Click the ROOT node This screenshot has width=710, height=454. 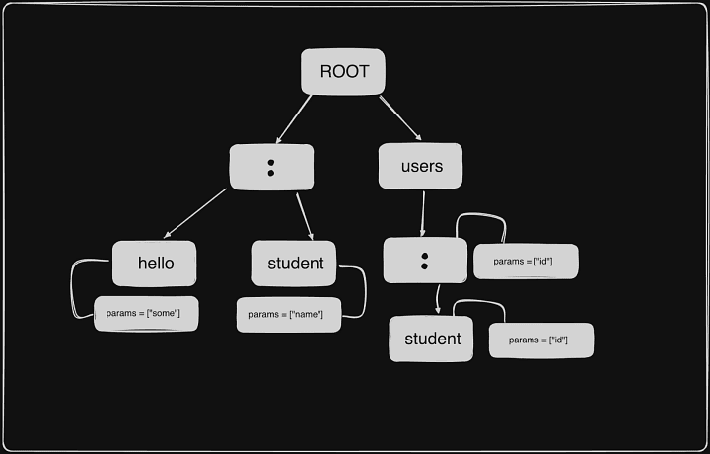tap(342, 72)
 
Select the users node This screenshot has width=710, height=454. tap(421, 166)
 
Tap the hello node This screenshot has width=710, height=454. tap(154, 264)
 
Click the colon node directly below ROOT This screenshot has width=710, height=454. tap(271, 167)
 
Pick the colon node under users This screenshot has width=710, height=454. tap(424, 261)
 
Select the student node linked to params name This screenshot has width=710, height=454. tap(295, 264)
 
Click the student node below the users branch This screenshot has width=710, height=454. tap(432, 339)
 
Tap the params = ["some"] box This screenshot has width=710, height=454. tap(145, 313)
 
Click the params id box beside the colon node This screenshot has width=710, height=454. tap(526, 262)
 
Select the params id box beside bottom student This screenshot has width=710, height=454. tap(541, 340)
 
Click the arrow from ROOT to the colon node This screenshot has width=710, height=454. tap(294, 118)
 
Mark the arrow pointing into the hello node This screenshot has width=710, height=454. tap(194, 213)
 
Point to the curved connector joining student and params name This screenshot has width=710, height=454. tap(363, 290)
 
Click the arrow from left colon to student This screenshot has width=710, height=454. tap(305, 216)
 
